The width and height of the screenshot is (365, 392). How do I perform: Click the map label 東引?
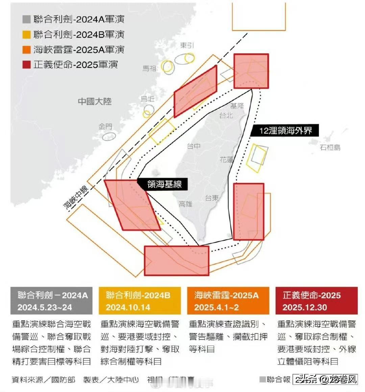tap(187, 45)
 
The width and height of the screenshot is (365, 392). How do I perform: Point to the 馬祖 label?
tap(149, 68)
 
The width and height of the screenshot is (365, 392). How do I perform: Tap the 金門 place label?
tap(105, 126)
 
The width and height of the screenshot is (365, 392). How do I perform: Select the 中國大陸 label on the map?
tap(95, 101)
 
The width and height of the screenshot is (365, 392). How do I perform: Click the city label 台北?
tap(226, 115)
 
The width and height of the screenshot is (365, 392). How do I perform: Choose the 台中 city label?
tap(194, 146)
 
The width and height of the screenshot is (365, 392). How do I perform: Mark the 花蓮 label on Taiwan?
tap(226, 159)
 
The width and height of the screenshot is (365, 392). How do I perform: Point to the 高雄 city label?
tap(186, 204)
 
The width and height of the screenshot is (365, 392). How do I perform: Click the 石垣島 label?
tap(330, 147)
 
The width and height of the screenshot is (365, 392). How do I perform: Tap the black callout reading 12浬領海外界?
tap(285, 131)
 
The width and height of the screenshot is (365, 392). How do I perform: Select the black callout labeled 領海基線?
tap(164, 184)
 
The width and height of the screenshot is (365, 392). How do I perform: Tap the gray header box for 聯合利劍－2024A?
tap(51, 301)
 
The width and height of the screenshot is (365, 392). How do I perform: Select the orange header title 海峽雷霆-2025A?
tap(226, 295)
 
